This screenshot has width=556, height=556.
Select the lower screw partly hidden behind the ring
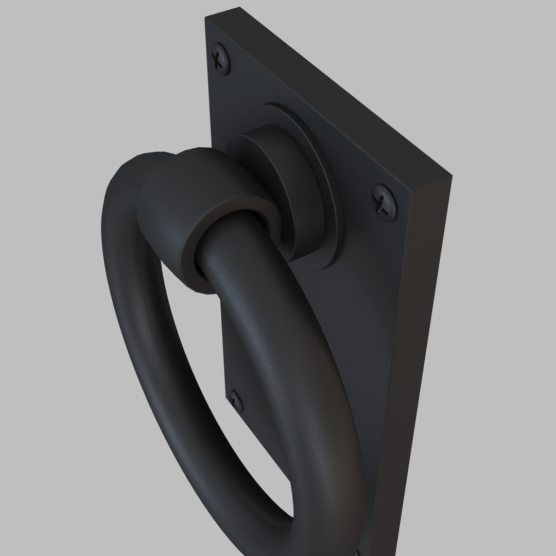236,399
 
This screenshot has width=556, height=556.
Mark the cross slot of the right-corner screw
385,202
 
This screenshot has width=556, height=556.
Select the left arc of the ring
129,309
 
